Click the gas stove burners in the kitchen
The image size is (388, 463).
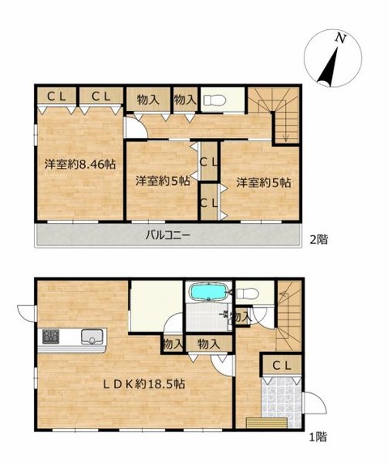(50, 334)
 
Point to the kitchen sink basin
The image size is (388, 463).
(89, 334)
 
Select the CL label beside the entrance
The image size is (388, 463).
(282, 366)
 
